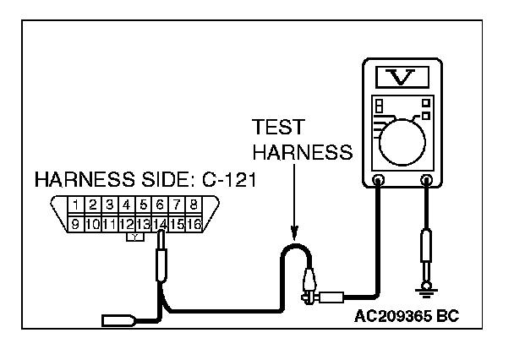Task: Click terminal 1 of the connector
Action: pyautogui.click(x=76, y=205)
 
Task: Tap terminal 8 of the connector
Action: pyautogui.click(x=194, y=205)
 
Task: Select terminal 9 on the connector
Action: pyautogui.click(x=76, y=224)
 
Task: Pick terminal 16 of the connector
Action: pyautogui.click(x=194, y=224)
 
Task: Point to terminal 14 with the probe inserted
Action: pyautogui.click(x=160, y=224)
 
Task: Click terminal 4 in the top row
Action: pyautogui.click(x=126, y=205)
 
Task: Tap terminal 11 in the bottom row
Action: pyautogui.click(x=109, y=224)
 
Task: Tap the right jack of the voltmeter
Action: pyautogui.click(x=428, y=180)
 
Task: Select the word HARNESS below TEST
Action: pyautogui.click(x=301, y=153)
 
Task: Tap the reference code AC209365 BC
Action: pyautogui.click(x=411, y=319)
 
